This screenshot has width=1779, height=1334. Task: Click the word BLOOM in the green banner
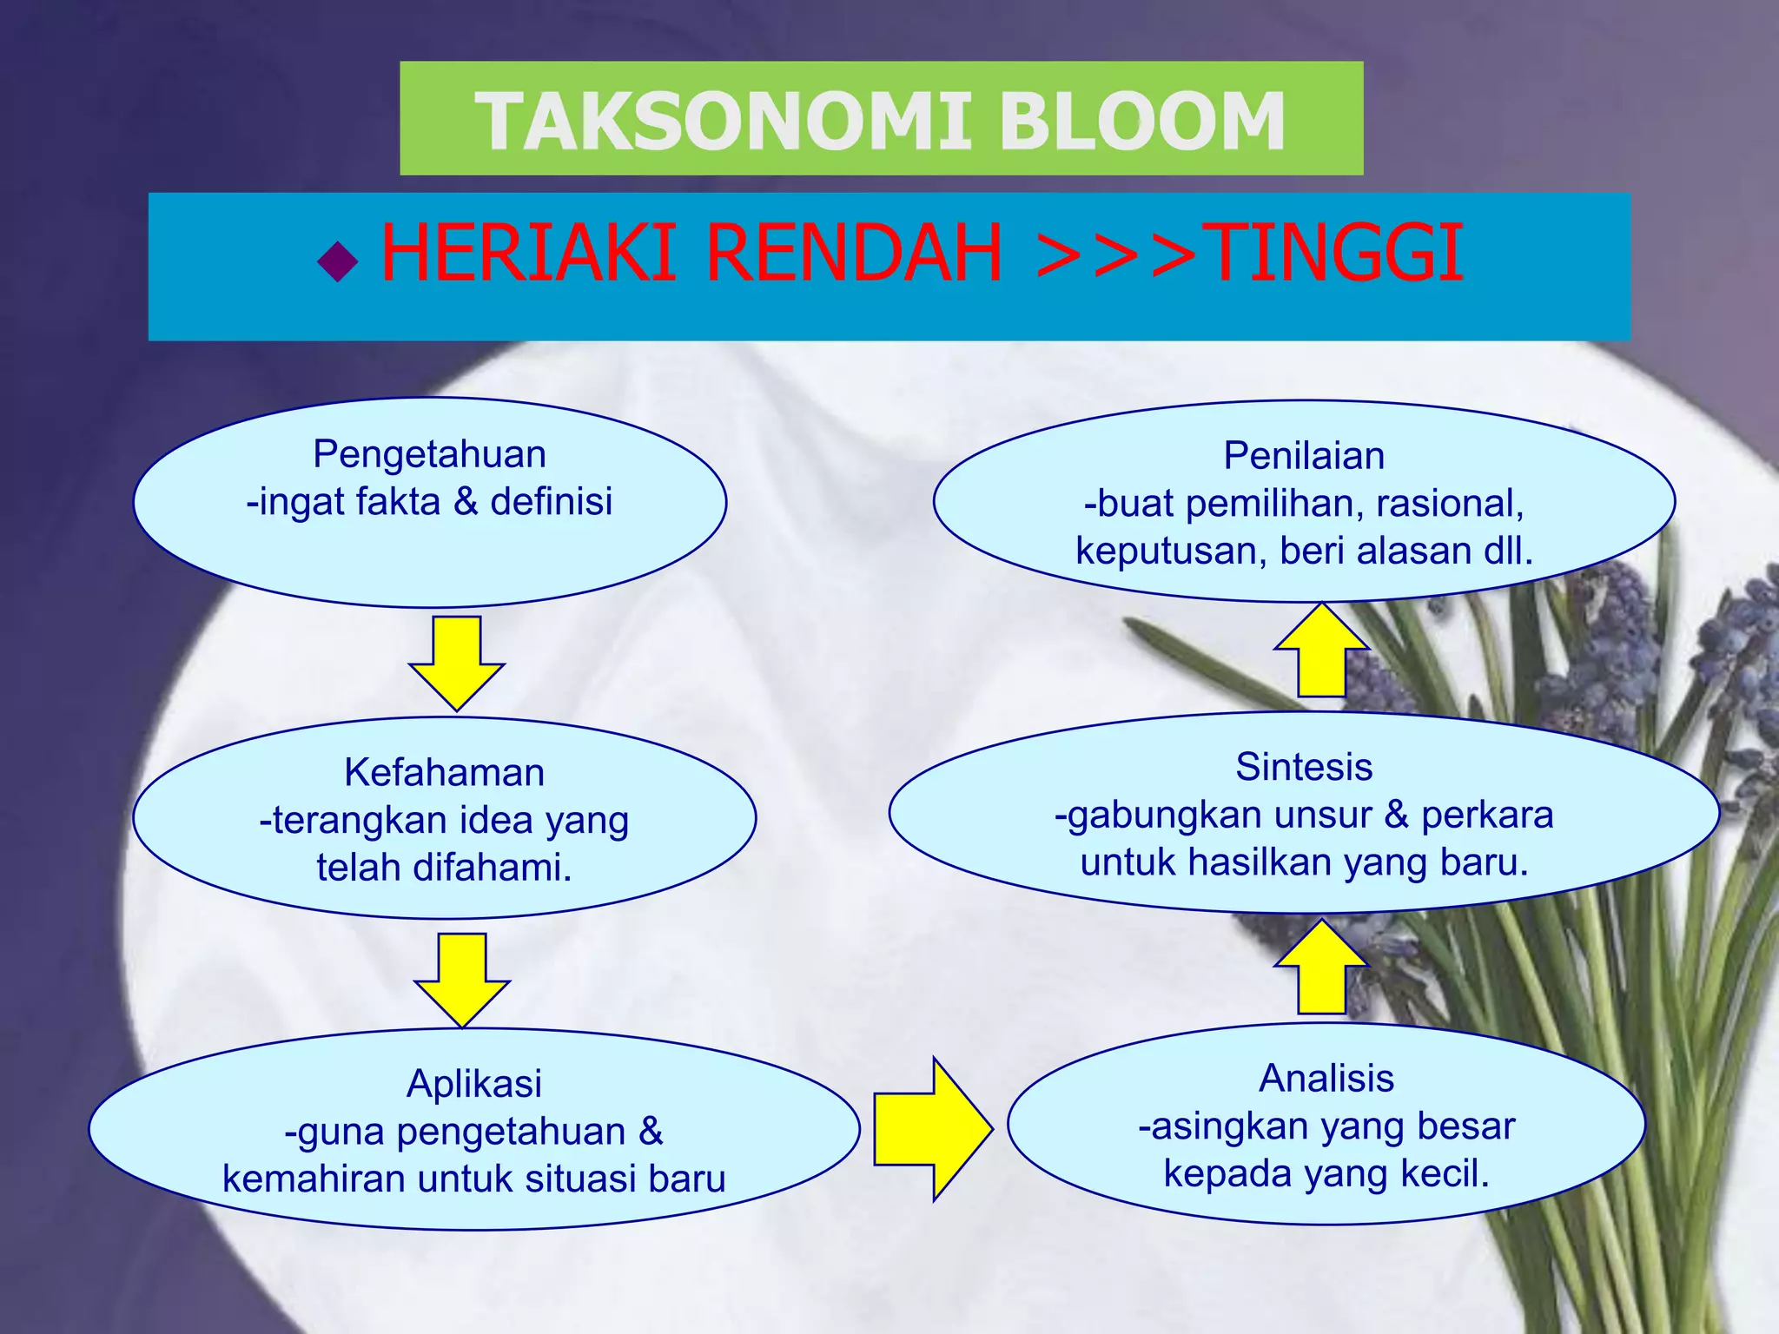pyautogui.click(x=1141, y=122)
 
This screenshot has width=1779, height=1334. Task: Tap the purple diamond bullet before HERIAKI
pyautogui.click(x=338, y=261)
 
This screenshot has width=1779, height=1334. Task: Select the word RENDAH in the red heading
pyautogui.click(x=855, y=254)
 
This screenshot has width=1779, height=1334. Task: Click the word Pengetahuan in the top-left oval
pyautogui.click(x=429, y=454)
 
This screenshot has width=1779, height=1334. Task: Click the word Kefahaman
pyautogui.click(x=444, y=772)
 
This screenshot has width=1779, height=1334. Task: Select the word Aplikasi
pyautogui.click(x=474, y=1083)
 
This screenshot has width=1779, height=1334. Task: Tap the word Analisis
pyautogui.click(x=1326, y=1078)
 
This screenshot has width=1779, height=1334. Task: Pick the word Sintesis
pyautogui.click(x=1304, y=767)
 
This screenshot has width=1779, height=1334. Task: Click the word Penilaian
pyautogui.click(x=1304, y=456)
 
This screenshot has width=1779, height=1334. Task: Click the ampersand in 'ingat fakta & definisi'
pyautogui.click(x=466, y=502)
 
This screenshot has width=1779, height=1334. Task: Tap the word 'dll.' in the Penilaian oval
pyautogui.click(x=1508, y=551)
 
